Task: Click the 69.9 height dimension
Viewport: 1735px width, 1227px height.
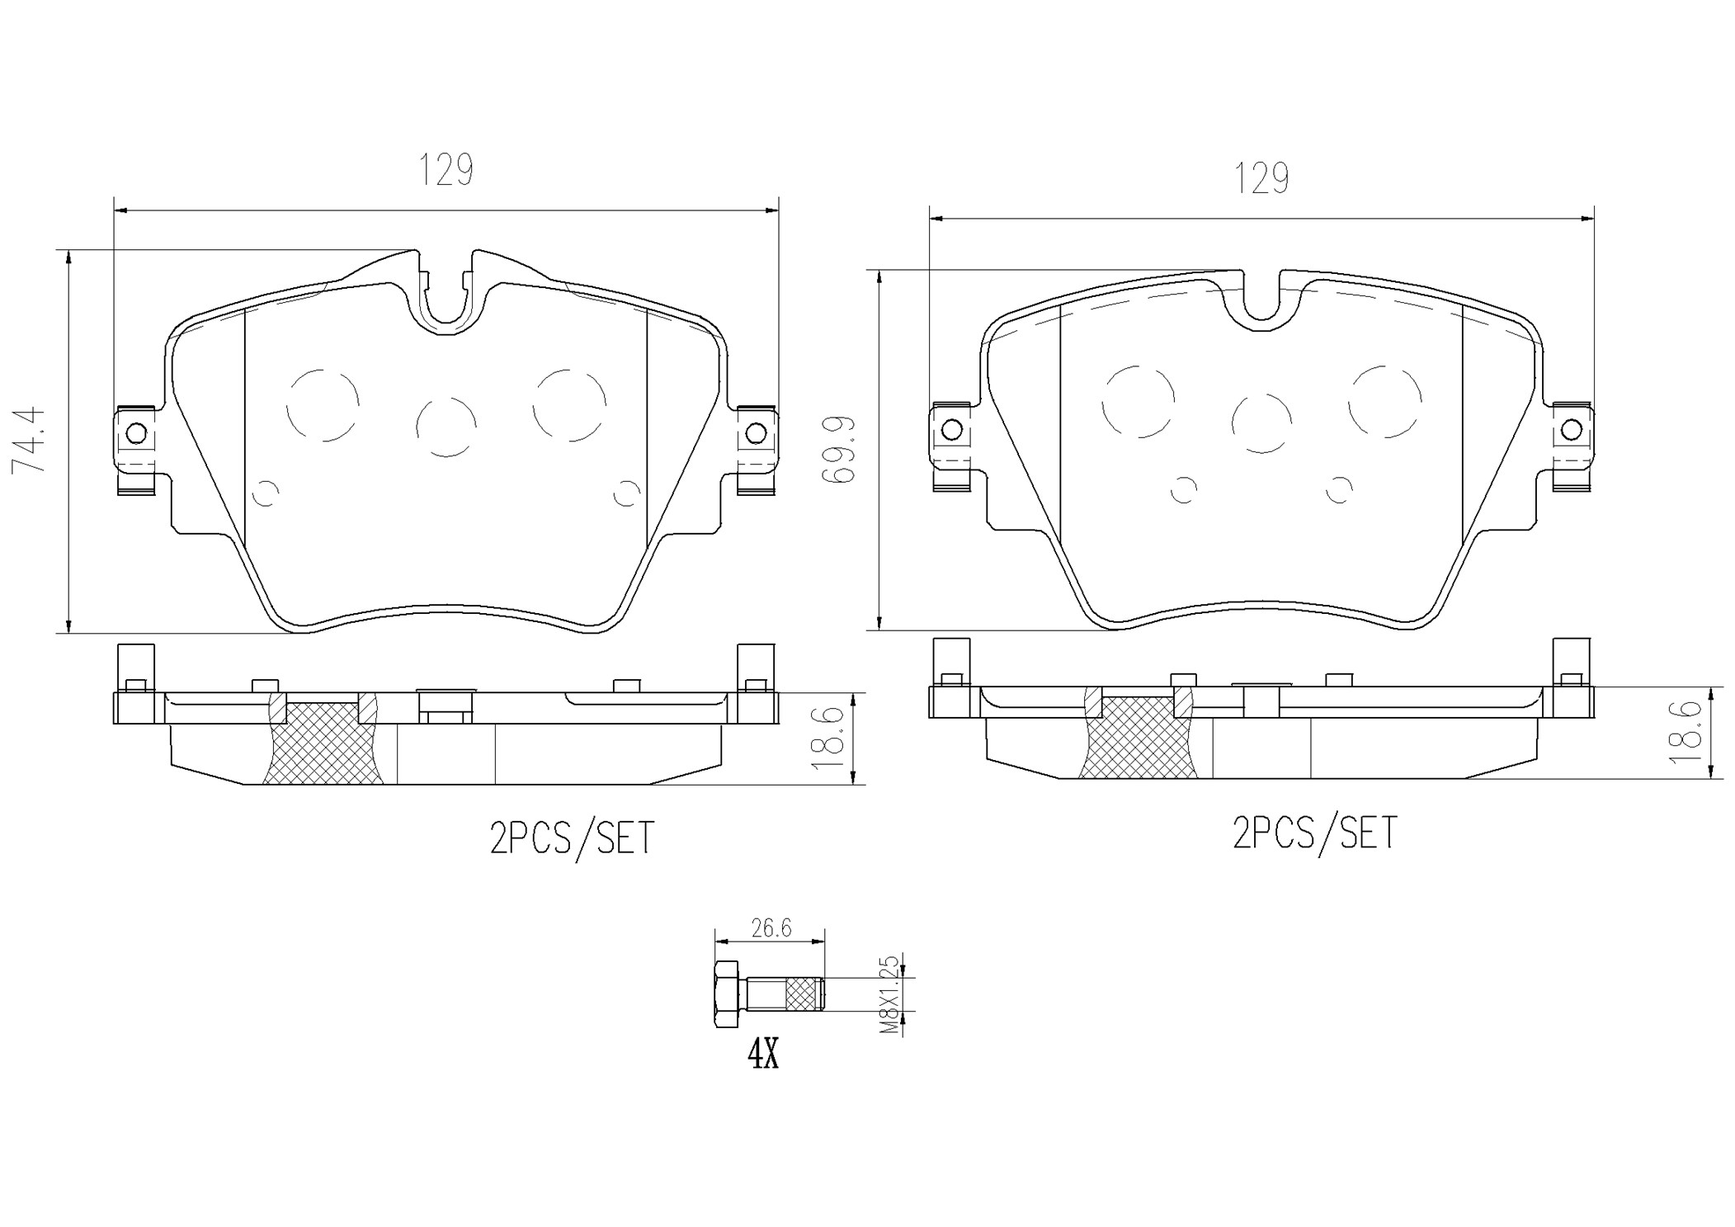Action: click(840, 450)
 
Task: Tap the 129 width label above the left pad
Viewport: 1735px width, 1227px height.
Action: click(446, 170)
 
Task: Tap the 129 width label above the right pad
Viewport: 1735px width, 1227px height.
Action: click(1262, 178)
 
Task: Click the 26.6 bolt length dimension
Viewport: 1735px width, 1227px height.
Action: click(771, 929)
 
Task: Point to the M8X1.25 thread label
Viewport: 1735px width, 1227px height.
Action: click(888, 996)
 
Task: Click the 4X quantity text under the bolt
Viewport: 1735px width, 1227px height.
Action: click(763, 1055)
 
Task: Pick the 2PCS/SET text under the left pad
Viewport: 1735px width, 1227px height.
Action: click(572, 838)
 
